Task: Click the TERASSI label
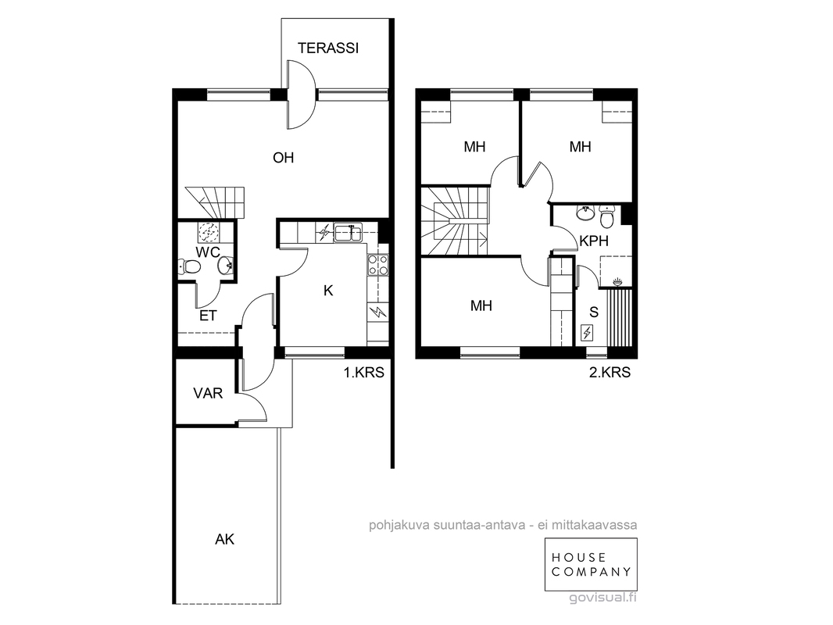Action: (x=327, y=48)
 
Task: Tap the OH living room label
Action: (x=283, y=158)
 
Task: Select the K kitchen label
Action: (x=328, y=291)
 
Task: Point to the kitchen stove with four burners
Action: (x=377, y=265)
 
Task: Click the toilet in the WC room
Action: (x=188, y=266)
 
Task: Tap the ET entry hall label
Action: (x=208, y=316)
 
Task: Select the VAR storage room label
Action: (x=208, y=394)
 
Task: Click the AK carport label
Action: (x=225, y=540)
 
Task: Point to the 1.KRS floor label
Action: (x=364, y=372)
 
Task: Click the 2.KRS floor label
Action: (x=610, y=372)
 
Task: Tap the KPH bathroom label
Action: (x=594, y=241)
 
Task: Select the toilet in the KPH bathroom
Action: (x=606, y=216)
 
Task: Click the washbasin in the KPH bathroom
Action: (x=585, y=213)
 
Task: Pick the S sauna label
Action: (x=594, y=312)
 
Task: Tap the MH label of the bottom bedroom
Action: (x=481, y=305)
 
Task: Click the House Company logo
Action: (x=591, y=565)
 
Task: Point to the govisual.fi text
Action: (x=602, y=598)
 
